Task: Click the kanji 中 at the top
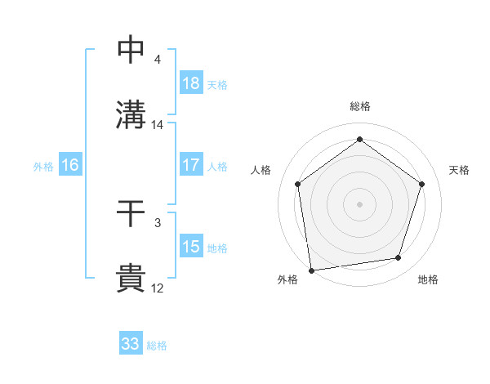tap(131, 50)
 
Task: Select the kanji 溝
tap(131, 114)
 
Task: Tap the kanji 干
tap(131, 215)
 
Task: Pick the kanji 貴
tap(131, 279)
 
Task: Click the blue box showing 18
tap(191, 83)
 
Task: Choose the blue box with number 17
tap(191, 165)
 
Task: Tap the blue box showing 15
tap(191, 247)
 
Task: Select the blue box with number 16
tap(70, 165)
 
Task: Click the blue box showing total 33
tap(131, 344)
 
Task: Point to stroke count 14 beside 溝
tap(158, 125)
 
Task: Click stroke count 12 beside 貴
tap(158, 288)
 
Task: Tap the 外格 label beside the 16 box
tap(43, 166)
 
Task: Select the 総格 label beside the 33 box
tap(158, 346)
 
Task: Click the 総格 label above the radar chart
tap(359, 106)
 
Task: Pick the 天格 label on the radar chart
tap(460, 170)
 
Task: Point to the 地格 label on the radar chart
tap(428, 279)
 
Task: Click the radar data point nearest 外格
tap(311, 270)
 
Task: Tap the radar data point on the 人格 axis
tap(297, 184)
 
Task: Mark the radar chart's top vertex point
tap(359, 140)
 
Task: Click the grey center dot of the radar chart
tap(359, 203)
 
